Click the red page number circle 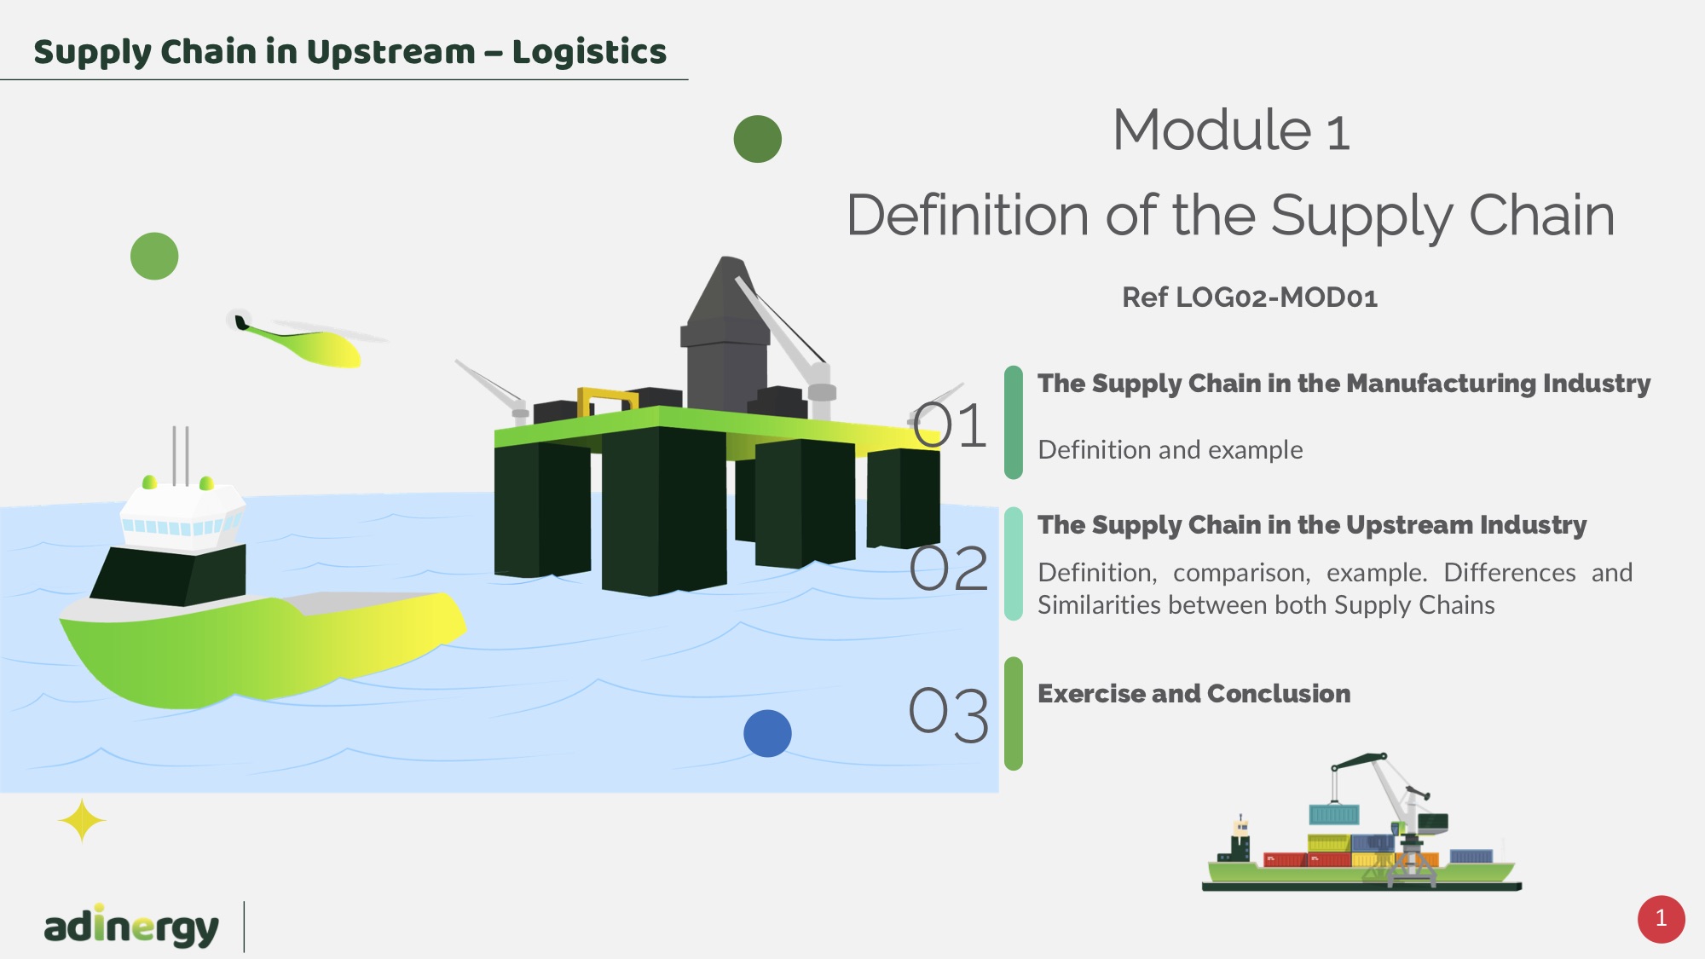point(1661,919)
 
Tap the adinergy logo point(131,927)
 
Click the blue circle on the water point(767,733)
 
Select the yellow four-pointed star point(82,821)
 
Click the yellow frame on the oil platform point(607,400)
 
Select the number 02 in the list point(948,569)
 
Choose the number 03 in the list point(948,713)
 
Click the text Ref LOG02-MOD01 point(1249,298)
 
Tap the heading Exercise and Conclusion point(1193,694)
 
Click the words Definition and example point(1170,450)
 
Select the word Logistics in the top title point(589,52)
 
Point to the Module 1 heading point(1231,130)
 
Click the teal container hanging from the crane point(1333,814)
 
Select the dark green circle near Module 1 point(758,139)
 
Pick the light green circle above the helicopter point(154,256)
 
